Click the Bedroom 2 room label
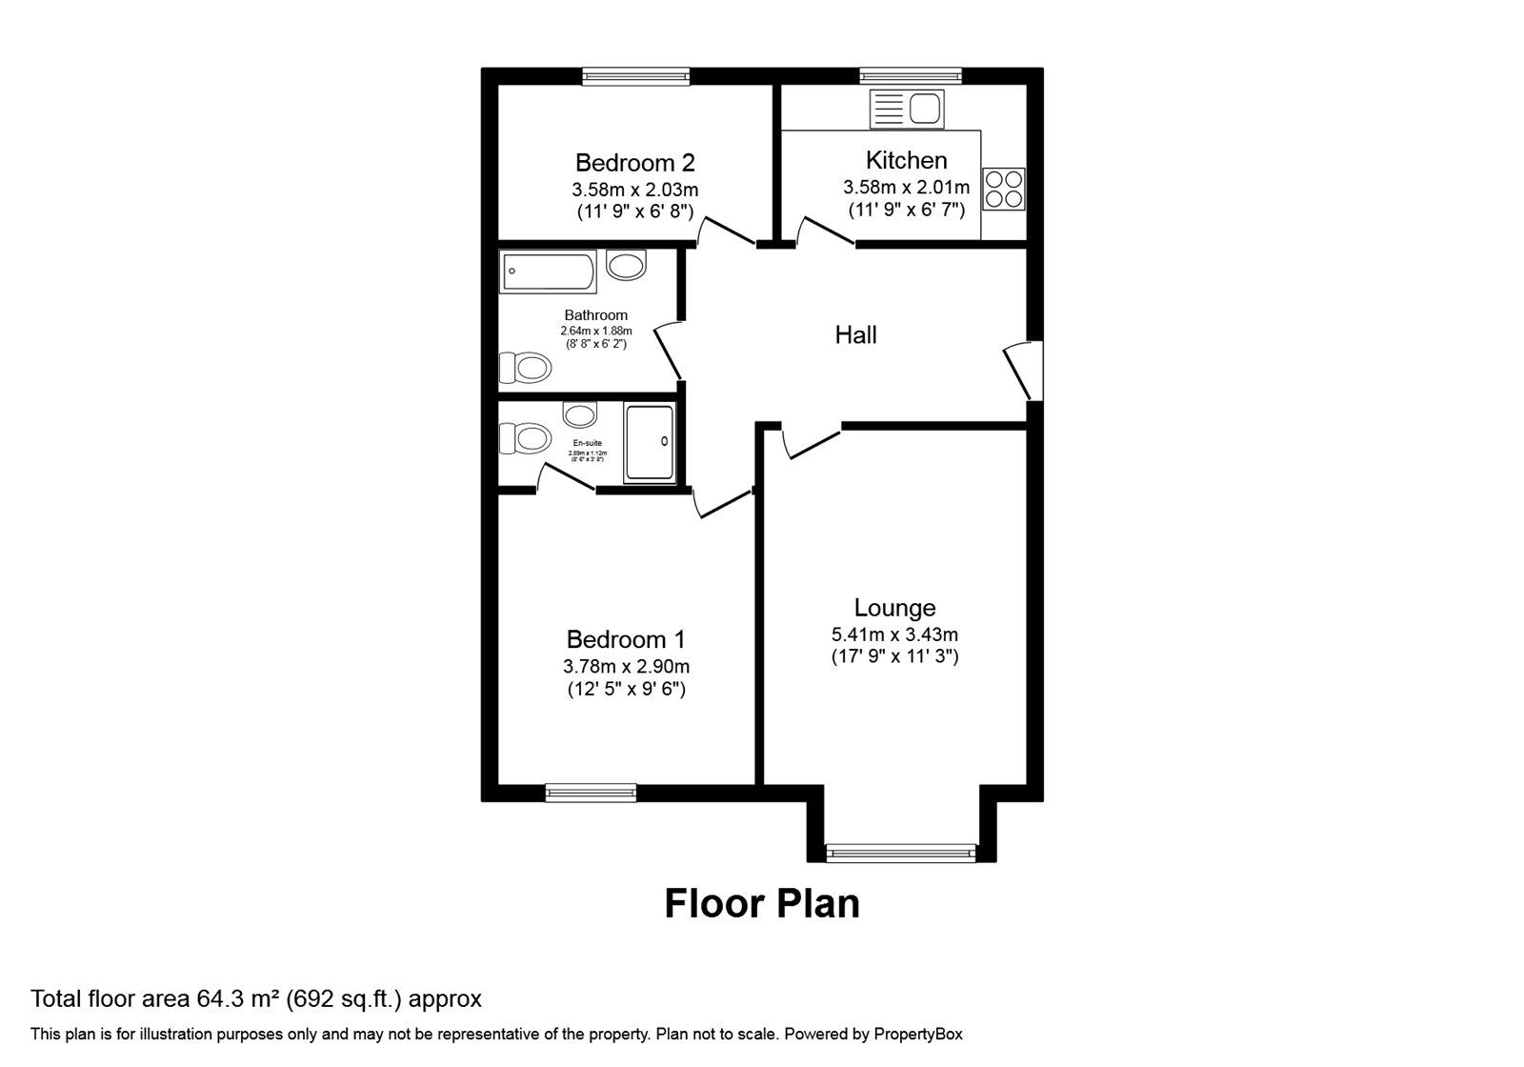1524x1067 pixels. [x=634, y=162]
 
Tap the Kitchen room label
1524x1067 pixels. [x=906, y=160]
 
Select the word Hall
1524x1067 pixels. [x=855, y=334]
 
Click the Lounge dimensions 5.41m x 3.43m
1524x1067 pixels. [x=894, y=634]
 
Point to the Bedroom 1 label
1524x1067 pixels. [x=625, y=639]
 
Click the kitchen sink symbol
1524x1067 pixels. [x=906, y=109]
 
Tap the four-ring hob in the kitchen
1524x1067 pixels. [x=1004, y=188]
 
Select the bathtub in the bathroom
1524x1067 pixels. [x=548, y=272]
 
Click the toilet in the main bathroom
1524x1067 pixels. [x=525, y=367]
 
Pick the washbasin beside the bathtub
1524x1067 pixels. [x=626, y=264]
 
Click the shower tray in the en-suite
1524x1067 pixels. [x=650, y=442]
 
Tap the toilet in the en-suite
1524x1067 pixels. [x=525, y=439]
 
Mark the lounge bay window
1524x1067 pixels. [x=901, y=852]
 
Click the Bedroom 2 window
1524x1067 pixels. [x=635, y=76]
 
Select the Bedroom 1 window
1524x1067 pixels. [x=591, y=792]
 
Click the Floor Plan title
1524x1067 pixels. [x=761, y=903]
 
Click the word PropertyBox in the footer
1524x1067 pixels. [x=918, y=1034]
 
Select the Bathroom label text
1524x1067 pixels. [x=595, y=315]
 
